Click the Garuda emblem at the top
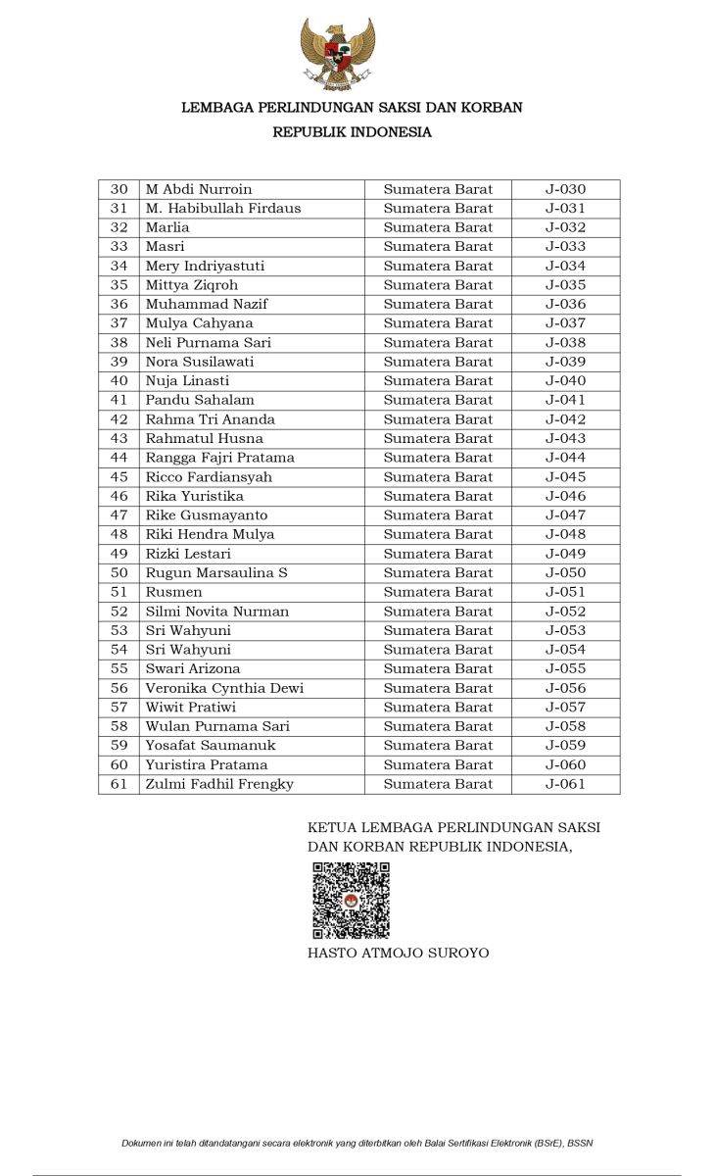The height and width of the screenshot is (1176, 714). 338,55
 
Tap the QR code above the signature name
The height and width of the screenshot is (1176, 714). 351,901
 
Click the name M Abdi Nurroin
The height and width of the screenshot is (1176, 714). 199,189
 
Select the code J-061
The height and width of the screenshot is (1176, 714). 565,784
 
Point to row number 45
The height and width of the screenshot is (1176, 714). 119,477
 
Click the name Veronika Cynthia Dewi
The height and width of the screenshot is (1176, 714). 224,688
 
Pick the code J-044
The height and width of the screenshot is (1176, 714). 565,458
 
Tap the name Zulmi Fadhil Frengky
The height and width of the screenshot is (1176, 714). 219,784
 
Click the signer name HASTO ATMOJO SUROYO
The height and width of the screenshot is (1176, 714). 398,953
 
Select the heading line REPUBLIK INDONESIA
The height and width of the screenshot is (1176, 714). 352,132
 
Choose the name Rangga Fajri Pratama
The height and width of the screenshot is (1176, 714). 219,458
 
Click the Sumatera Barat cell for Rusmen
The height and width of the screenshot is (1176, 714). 438,592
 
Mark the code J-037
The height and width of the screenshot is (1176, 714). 565,323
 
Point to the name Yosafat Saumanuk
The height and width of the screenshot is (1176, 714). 211,746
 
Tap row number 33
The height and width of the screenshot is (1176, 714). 119,247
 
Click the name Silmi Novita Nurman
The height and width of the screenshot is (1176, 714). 217,612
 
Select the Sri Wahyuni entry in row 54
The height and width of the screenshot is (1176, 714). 188,650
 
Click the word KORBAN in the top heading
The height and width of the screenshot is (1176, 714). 492,108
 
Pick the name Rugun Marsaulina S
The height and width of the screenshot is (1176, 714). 216,573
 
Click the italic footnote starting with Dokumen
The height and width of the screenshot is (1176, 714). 357,1143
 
